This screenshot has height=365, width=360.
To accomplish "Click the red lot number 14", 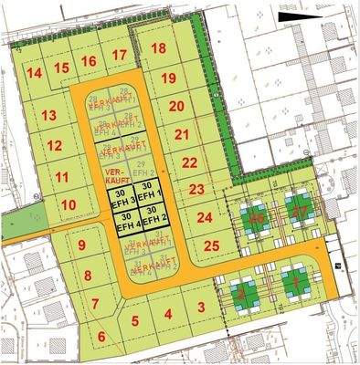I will click(x=35, y=73).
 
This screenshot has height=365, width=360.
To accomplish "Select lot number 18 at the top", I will click(x=159, y=48).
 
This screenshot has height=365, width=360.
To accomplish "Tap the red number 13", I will click(x=49, y=115).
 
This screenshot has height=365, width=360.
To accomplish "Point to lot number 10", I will click(x=68, y=204).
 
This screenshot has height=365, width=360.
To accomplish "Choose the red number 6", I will click(x=101, y=336).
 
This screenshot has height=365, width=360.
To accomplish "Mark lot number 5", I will click(x=135, y=320).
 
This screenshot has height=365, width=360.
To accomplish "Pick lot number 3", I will click(x=200, y=307).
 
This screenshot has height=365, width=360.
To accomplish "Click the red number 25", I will click(x=211, y=245).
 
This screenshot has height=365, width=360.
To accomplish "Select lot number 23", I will click(x=196, y=190).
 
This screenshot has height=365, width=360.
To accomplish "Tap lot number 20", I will click(x=177, y=106).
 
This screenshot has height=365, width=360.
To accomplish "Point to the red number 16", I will click(x=89, y=61).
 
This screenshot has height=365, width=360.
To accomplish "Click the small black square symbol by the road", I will click(x=337, y=266).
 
